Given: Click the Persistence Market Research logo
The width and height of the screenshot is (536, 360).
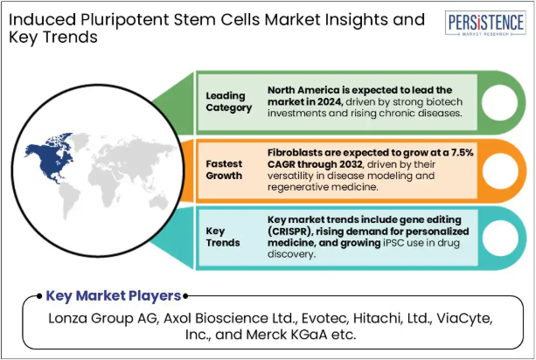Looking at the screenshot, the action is point(485,23).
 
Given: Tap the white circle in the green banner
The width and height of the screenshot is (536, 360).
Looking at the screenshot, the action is point(499,102).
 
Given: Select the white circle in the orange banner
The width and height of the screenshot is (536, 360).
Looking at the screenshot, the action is point(500,170).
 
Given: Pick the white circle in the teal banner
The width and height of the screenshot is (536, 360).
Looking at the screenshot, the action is point(500,238).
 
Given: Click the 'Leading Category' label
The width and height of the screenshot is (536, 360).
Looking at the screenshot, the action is point(229,101).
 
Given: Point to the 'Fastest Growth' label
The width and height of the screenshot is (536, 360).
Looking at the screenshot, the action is point(224,170).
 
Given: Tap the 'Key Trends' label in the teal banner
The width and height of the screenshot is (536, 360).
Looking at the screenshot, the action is point(223,237).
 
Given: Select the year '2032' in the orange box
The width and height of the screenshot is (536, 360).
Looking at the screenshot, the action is point(351,164).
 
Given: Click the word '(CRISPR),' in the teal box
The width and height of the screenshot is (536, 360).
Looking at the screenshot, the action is point(290,232).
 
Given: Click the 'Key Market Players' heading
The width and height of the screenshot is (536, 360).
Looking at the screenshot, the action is point(114,296).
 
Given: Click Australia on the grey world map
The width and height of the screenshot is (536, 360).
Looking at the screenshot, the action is point(158,202).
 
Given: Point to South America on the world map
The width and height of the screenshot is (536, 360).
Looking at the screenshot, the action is point(69,200).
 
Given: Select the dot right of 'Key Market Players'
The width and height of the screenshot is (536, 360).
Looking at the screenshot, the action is point(185,296).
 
